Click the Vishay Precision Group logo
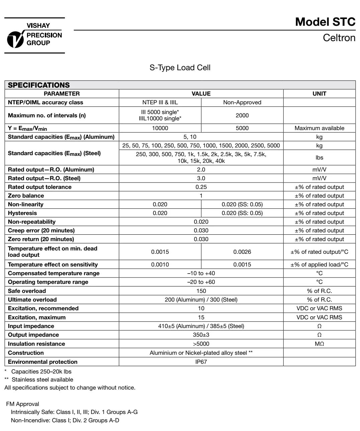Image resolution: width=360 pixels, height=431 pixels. click(x=34, y=35)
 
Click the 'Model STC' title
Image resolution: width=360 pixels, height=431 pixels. click(x=325, y=22)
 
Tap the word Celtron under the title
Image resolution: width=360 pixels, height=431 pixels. click(x=339, y=38)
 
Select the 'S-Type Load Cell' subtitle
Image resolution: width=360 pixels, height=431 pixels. click(x=180, y=68)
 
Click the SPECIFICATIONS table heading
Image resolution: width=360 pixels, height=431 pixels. click(x=39, y=85)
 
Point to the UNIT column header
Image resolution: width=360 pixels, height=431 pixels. click(x=319, y=94)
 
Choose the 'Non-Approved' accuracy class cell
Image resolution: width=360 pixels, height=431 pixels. click(x=242, y=102)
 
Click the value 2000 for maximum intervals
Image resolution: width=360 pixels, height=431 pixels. click(x=242, y=115)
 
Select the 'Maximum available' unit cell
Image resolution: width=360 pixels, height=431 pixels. click(x=319, y=128)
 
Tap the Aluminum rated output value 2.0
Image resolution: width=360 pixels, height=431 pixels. click(x=201, y=170)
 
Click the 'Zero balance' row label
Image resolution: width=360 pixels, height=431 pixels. click(x=26, y=196)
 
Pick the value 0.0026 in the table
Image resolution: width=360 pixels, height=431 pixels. click(x=242, y=252)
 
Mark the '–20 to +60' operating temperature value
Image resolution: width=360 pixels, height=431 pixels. click(x=201, y=282)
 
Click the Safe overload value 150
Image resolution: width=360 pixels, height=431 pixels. click(x=201, y=291)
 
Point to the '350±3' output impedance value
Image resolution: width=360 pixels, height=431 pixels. click(x=201, y=335)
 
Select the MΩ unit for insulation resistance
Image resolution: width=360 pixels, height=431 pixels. click(x=319, y=344)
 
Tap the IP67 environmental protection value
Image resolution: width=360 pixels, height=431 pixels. click(x=201, y=362)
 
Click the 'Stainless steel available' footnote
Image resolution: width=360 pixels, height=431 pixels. click(x=42, y=380)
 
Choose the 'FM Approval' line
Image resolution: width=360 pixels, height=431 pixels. click(x=22, y=404)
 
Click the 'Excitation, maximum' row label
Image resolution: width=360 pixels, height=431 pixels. click(x=37, y=317)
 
